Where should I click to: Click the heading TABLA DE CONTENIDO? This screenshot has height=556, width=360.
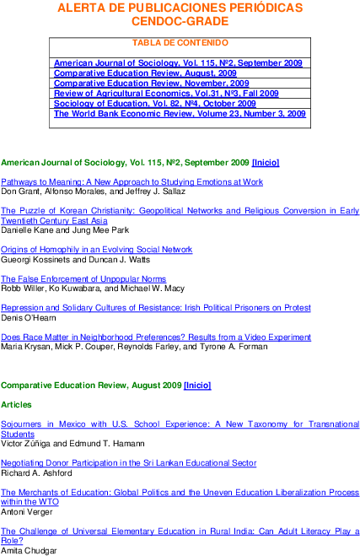[x=180, y=43]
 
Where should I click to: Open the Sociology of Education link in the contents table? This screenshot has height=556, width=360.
[x=155, y=104]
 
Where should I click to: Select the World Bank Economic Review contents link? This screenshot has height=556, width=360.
[x=180, y=114]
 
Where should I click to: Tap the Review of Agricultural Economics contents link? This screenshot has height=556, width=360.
[x=166, y=94]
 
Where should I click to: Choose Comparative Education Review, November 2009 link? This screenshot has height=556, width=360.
[x=151, y=84]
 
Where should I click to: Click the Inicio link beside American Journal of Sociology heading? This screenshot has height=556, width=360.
[x=266, y=163]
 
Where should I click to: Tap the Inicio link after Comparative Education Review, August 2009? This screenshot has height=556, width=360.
[x=197, y=386]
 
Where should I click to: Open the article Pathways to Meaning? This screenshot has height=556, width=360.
[x=132, y=182]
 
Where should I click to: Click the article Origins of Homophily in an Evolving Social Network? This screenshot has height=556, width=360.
[x=96, y=250]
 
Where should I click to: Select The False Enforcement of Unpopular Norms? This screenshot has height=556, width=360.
[x=83, y=279]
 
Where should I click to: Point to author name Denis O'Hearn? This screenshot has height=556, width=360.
[x=29, y=318]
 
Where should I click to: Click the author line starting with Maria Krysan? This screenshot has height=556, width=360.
[x=134, y=347]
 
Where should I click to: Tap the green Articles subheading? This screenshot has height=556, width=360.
[x=16, y=405]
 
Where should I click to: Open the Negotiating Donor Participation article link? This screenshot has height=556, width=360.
[x=129, y=463]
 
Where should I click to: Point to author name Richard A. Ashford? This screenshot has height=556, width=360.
[x=36, y=473]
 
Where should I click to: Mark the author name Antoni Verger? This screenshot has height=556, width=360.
[x=27, y=512]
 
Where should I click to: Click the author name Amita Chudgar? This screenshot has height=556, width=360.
[x=29, y=551]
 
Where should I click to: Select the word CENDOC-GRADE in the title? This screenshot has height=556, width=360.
[x=180, y=21]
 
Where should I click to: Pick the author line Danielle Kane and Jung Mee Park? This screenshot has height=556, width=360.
[x=65, y=230]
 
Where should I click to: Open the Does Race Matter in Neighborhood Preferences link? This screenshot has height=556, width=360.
[x=156, y=337]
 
